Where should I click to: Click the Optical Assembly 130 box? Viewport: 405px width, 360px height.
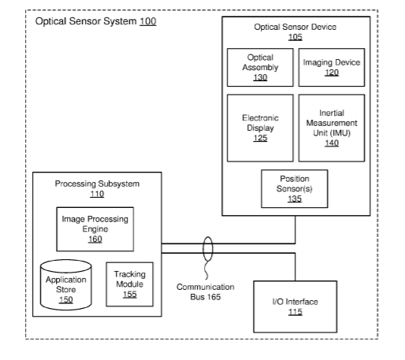(x=260, y=67)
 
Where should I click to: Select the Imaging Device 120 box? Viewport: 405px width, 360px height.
(x=332, y=67)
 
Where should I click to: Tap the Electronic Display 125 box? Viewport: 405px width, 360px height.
(x=260, y=128)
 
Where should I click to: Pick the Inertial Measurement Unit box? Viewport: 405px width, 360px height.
(x=332, y=128)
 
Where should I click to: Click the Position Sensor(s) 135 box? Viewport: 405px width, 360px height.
(x=295, y=188)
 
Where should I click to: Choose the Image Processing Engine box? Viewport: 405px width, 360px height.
(x=95, y=229)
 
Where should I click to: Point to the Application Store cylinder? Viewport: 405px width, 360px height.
(x=66, y=285)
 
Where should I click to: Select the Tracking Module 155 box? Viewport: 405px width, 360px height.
(x=130, y=284)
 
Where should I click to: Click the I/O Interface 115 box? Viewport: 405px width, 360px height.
(x=295, y=306)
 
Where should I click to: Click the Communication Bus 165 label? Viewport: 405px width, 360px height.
(x=206, y=291)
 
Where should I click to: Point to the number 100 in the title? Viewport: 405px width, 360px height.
(x=148, y=21)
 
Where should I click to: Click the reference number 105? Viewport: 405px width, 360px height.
(x=295, y=37)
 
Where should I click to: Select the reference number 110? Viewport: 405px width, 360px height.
(x=97, y=194)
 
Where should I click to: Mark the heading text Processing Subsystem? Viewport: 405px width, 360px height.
(x=97, y=184)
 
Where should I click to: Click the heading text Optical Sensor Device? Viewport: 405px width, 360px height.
(x=295, y=27)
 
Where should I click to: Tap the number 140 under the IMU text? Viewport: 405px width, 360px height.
(x=332, y=143)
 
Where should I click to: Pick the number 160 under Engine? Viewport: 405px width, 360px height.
(x=95, y=239)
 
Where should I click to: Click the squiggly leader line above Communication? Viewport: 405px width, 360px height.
(x=206, y=270)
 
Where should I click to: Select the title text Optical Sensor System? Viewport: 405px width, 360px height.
(x=86, y=21)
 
